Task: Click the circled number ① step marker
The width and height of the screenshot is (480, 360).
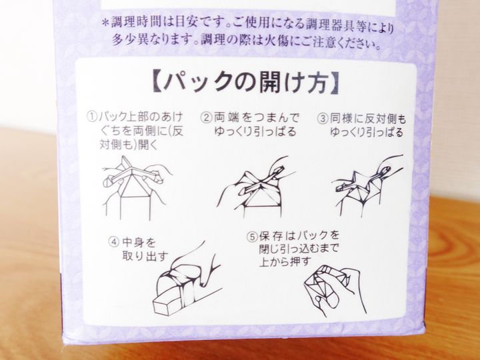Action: click(92, 117)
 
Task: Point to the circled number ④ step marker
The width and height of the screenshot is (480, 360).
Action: click(113, 242)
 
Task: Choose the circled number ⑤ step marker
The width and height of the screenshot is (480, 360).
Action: click(252, 236)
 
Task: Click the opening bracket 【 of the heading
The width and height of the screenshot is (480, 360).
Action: click(157, 81)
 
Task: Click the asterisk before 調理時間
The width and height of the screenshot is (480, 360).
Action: click(105, 23)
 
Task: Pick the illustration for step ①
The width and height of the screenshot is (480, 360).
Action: click(137, 188)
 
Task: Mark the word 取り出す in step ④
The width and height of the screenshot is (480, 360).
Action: click(145, 256)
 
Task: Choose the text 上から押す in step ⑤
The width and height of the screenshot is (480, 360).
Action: click(285, 261)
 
